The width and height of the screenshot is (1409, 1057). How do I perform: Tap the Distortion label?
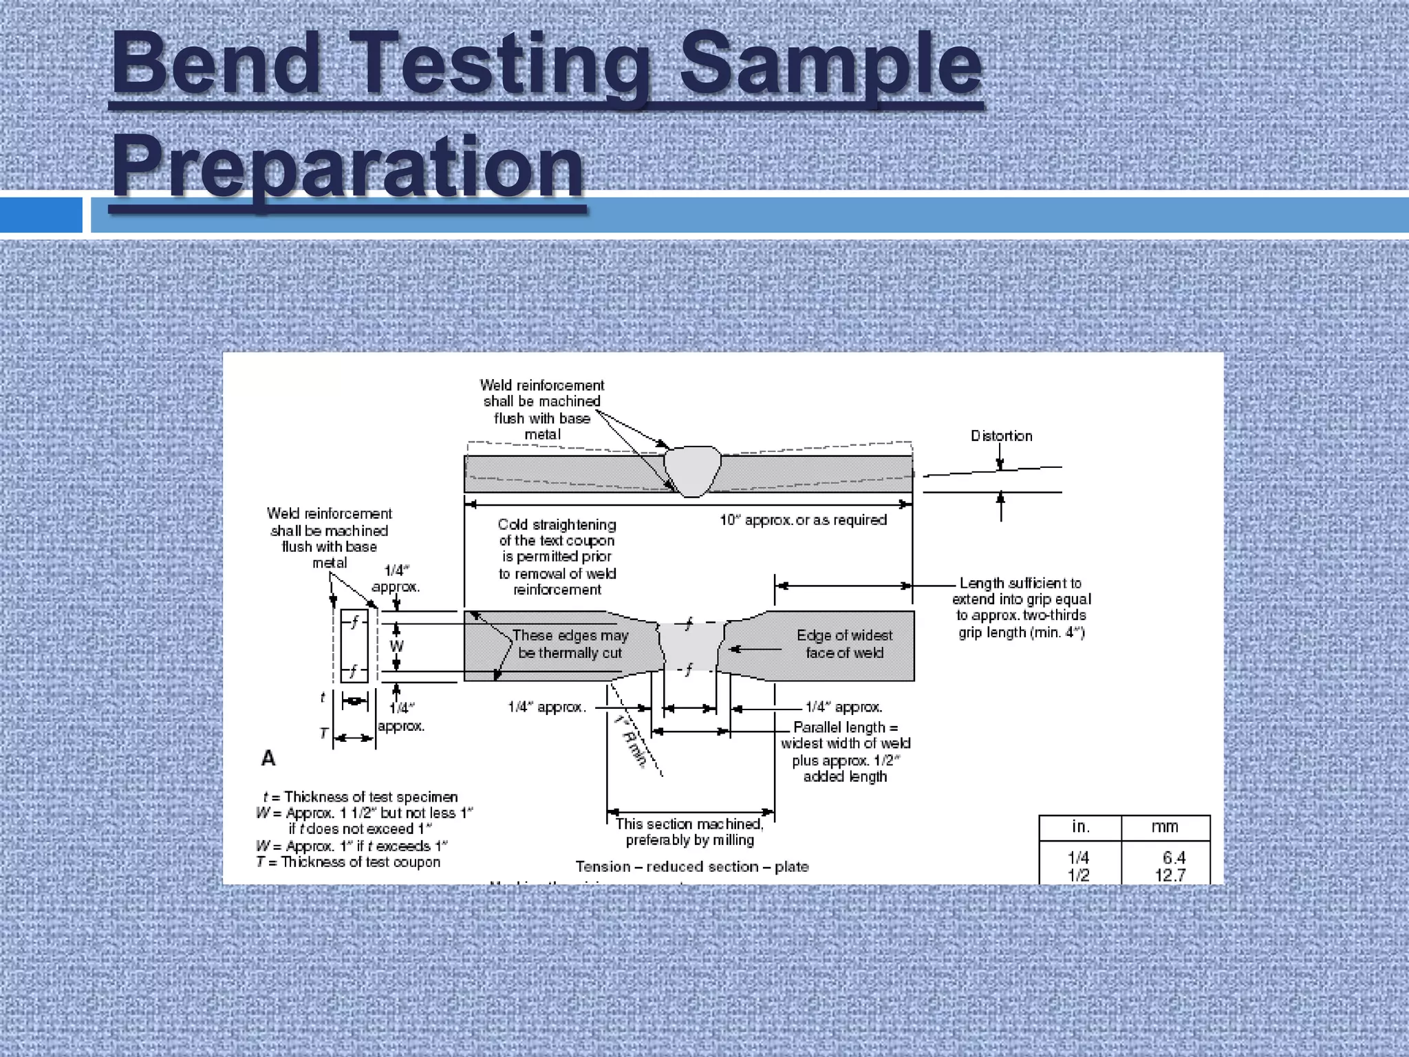coord(1001,436)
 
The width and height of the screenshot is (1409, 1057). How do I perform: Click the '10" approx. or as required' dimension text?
coord(803,520)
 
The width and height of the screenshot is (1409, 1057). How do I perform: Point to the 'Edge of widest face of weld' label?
coord(844,644)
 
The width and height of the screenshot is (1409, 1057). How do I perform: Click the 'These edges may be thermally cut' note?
coord(570,644)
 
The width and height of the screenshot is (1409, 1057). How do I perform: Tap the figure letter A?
coord(268,758)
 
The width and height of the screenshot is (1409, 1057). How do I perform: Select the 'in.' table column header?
coord(1080,827)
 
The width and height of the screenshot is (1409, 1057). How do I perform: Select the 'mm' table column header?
coord(1165,827)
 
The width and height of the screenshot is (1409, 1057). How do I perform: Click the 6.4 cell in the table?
coord(1174,857)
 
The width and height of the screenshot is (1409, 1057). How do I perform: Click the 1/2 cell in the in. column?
coord(1078,875)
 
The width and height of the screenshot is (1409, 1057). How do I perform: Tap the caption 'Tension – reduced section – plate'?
coord(692,866)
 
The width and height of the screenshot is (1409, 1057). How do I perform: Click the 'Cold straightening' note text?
coord(557,524)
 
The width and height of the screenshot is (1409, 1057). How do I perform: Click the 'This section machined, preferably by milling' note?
coord(689,832)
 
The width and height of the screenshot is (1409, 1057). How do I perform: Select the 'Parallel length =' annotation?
coord(845,727)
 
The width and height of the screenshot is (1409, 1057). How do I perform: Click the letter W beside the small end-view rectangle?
coord(396,646)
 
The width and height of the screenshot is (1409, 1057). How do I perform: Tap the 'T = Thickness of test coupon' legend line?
coord(348,862)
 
